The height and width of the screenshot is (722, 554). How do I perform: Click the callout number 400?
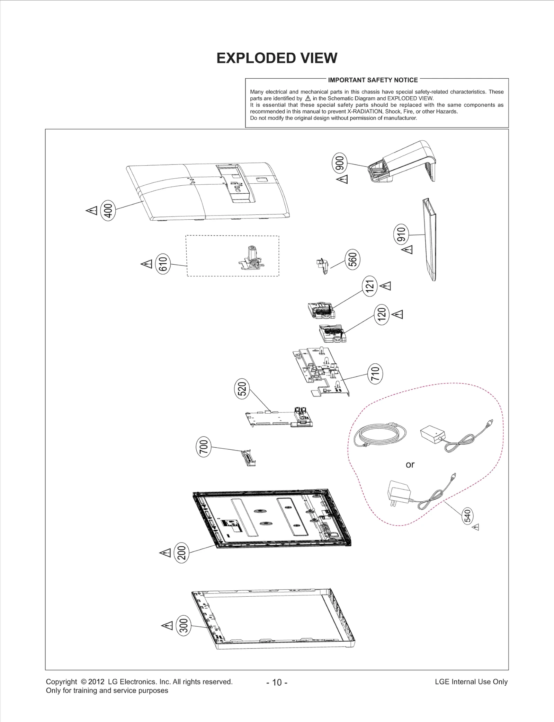click(108, 210)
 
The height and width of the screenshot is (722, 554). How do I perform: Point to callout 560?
click(352, 259)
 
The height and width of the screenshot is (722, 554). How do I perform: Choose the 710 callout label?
click(375, 374)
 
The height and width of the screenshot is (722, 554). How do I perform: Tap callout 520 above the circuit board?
click(242, 388)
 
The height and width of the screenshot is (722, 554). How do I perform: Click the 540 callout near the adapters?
click(467, 516)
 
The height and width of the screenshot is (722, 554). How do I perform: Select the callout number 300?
click(184, 625)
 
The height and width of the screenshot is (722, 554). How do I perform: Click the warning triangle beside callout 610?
click(147, 264)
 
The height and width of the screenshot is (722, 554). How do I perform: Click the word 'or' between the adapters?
click(410, 465)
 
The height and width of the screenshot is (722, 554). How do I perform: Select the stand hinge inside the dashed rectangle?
click(252, 257)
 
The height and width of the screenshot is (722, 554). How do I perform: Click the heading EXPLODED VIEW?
click(277, 58)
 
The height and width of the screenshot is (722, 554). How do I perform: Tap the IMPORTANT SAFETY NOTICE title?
click(373, 80)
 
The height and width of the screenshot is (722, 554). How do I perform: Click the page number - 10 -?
click(277, 682)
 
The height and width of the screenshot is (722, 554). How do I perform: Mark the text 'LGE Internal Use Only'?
click(471, 681)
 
